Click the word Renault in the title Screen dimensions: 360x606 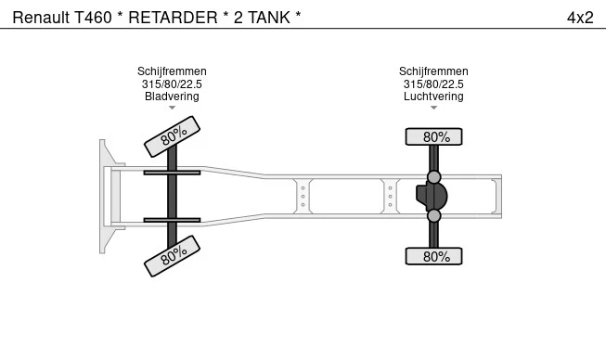point(40,18)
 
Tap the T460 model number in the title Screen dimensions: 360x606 point(93,18)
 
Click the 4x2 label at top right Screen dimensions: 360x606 point(580,18)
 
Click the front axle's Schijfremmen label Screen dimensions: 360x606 point(172,71)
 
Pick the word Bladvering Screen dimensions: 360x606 point(172,96)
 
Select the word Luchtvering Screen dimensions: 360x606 point(433,96)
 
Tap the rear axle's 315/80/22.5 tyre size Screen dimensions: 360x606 point(433,84)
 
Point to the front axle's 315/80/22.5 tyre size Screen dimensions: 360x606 point(172,84)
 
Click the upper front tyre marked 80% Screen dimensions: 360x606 point(173,136)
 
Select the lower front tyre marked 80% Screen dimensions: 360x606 point(173,255)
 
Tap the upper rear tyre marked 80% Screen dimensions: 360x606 point(433,136)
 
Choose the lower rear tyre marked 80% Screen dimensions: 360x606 point(433,256)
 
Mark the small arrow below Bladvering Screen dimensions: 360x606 point(172,108)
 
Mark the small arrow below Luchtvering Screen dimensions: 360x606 point(433,108)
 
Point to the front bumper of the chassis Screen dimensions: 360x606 point(106,196)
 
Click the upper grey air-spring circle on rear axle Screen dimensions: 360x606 point(433,176)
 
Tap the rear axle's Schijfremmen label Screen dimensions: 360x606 point(433,71)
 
